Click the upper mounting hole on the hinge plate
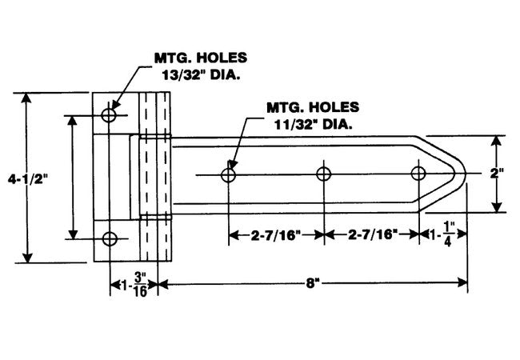coord(110,115)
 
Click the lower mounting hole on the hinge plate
coord(110,238)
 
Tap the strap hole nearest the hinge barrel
coord(230,174)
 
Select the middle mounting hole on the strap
coord(324,174)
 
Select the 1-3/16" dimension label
coord(134,283)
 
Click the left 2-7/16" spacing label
coord(276,235)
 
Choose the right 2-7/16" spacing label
coord(370,235)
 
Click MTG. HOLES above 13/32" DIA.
coord(200,58)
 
